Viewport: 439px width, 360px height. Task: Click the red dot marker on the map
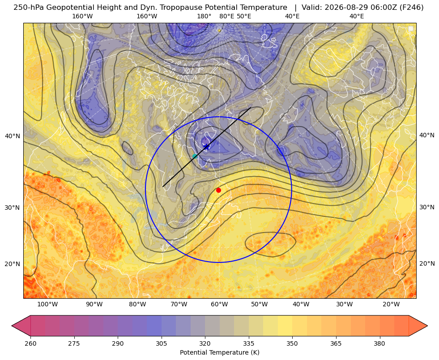tap(218, 190)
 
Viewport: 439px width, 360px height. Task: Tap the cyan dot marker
tap(195, 156)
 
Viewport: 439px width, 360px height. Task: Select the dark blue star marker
tap(207, 146)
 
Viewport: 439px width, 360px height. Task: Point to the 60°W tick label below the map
tap(219, 305)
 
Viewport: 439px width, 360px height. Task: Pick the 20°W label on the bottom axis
tap(391, 305)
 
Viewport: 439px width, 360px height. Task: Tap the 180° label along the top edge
tap(204, 16)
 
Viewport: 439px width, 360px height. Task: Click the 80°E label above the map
tap(227, 16)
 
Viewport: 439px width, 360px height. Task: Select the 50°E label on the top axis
tap(244, 16)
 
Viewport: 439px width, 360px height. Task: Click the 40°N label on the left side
tap(13, 136)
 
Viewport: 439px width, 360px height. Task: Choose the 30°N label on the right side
tap(427, 207)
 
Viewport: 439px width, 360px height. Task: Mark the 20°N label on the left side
tap(13, 264)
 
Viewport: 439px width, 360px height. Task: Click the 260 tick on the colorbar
tap(30, 343)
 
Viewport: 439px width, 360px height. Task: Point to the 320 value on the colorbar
tap(205, 343)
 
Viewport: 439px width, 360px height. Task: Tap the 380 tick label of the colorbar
tap(379, 343)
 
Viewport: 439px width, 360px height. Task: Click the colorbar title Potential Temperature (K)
tap(219, 352)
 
